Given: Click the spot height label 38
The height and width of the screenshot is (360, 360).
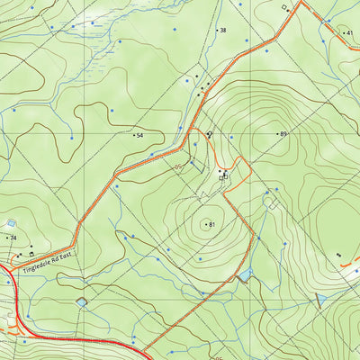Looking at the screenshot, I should pyautogui.click(x=223, y=31).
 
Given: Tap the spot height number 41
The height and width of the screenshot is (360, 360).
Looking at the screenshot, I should pyautogui.click(x=350, y=33).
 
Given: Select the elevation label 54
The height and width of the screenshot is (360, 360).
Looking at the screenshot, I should pyautogui.click(x=140, y=135).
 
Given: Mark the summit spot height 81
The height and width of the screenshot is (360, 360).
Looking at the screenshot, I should pyautogui.click(x=212, y=224).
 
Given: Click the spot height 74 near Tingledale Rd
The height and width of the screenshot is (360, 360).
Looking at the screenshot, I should pyautogui.click(x=13, y=238).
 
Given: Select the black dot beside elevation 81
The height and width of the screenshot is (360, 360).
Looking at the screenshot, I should pyautogui.click(x=206, y=224).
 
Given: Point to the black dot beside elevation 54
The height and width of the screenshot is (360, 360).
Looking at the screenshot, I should pyautogui.click(x=134, y=135).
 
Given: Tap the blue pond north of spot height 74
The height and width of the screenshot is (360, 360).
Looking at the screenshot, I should pyautogui.click(x=11, y=223).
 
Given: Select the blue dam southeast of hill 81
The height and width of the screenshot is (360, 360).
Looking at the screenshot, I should pyautogui.click(x=245, y=274).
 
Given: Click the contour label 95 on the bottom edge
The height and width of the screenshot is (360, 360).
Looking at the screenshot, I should pyautogui.click(x=216, y=355).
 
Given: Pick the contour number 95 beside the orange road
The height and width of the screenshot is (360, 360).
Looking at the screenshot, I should pyautogui.click(x=178, y=166).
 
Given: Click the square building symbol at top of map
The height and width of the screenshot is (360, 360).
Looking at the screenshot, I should pyautogui.click(x=284, y=8).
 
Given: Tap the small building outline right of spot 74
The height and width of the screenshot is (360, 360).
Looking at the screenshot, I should pyautogui.click(x=33, y=253).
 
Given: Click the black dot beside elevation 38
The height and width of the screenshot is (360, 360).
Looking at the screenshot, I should pyautogui.click(x=217, y=31).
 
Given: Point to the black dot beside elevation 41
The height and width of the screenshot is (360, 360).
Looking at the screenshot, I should pyautogui.click(x=344, y=33).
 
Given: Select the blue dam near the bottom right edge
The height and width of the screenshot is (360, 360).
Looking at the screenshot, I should pyautogui.click(x=319, y=299).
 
